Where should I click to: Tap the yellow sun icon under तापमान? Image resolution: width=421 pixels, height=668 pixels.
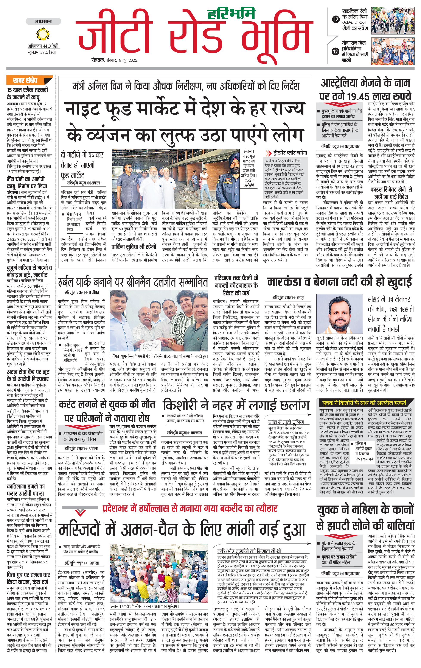pos(43,34)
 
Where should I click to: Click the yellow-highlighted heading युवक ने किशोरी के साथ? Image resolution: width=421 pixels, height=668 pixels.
pos(364,403)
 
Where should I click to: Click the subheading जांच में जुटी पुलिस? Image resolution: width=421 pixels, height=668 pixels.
pos(286,422)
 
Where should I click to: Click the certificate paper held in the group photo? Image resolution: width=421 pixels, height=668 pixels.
pos(150,346)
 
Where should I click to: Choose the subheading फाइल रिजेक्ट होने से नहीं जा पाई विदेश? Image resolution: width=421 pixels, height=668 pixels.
pos(391,193)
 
